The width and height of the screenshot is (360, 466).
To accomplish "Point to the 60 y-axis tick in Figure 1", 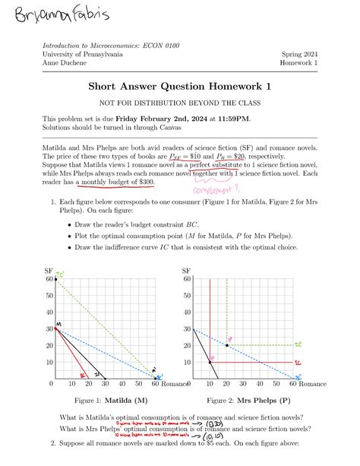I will coord(48,279).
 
